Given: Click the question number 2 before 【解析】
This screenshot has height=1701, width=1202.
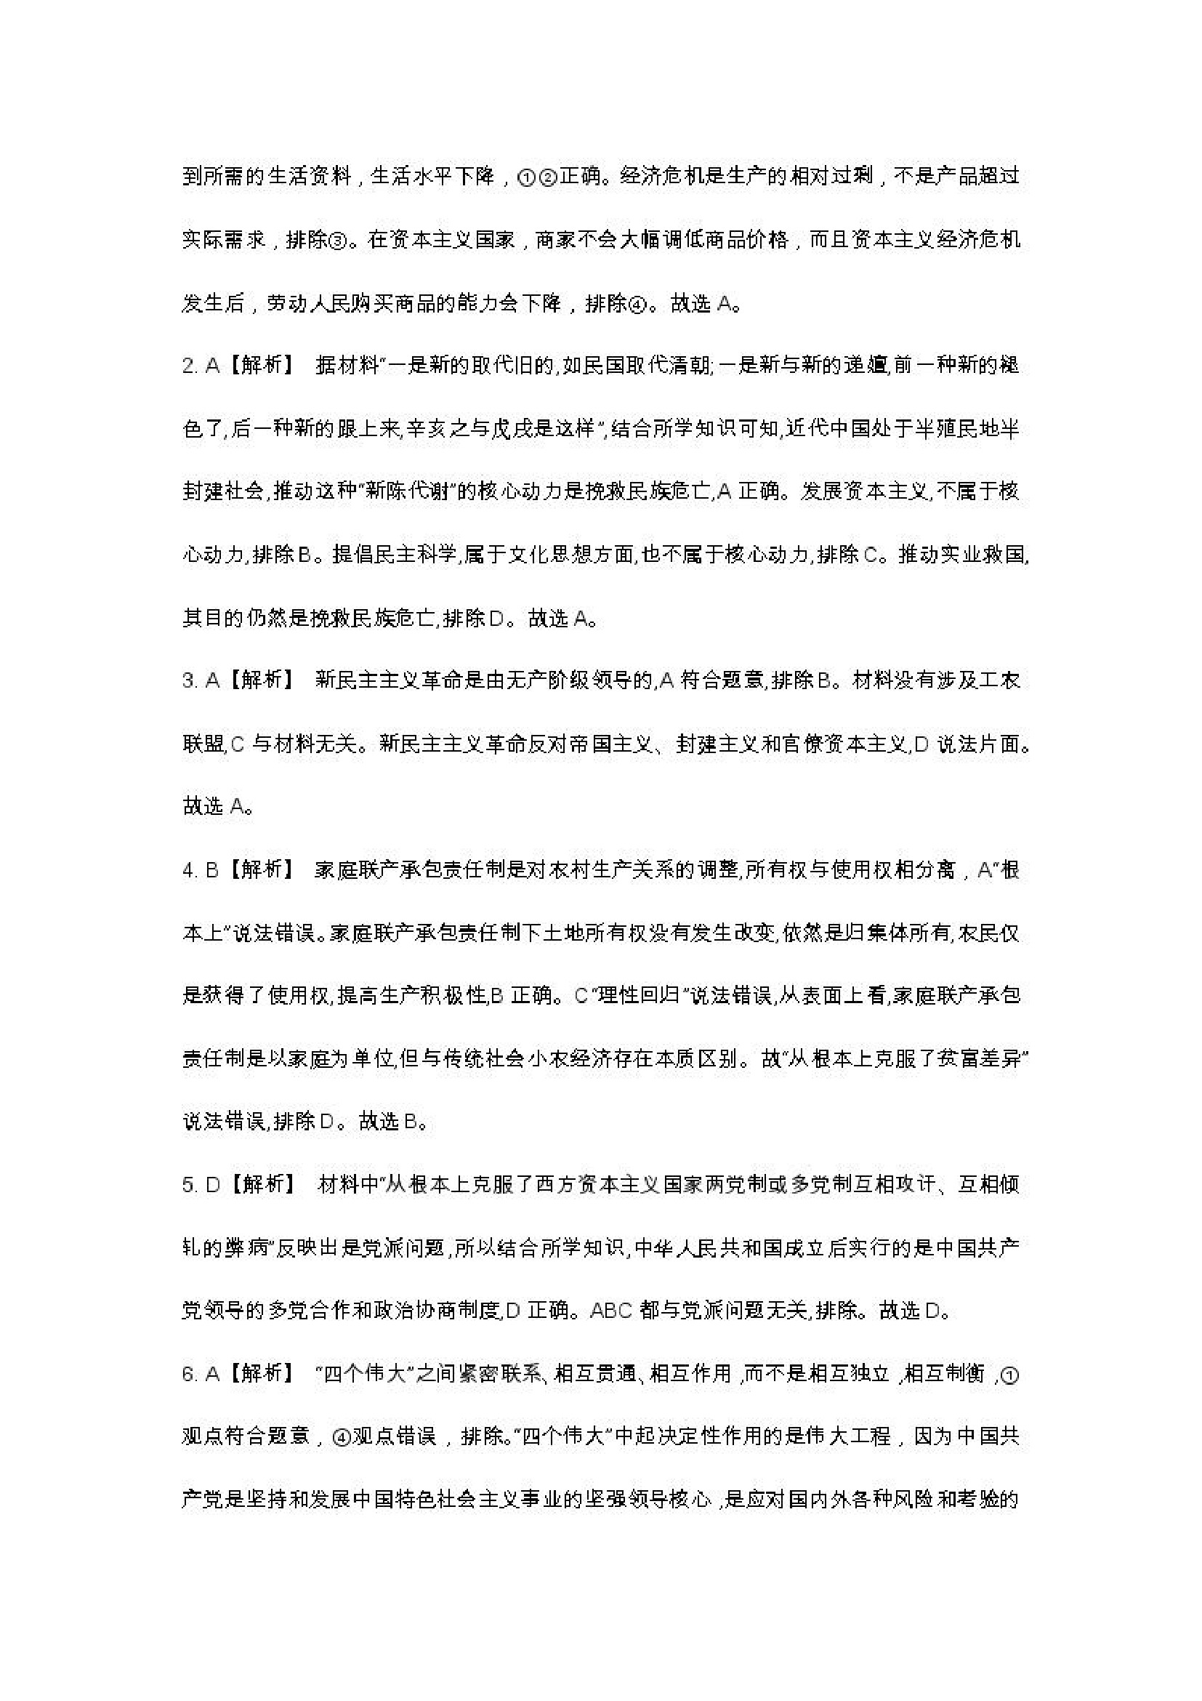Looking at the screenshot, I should tap(187, 366).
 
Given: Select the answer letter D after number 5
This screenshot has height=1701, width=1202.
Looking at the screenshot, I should tap(212, 1185).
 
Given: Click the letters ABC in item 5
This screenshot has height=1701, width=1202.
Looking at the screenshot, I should tap(612, 1311).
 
